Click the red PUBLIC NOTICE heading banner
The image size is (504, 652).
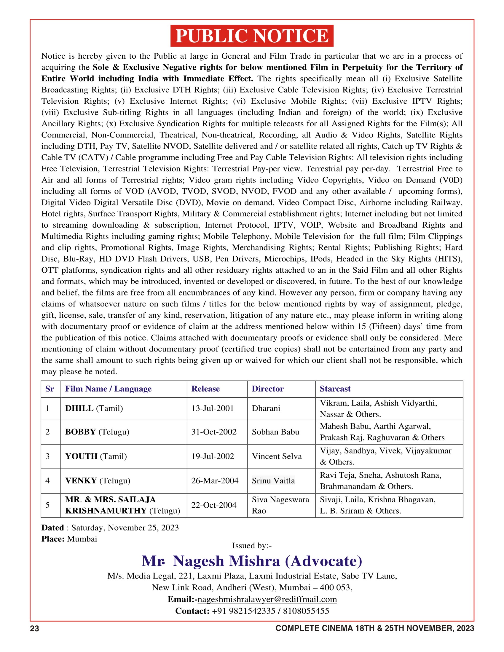click(252, 36)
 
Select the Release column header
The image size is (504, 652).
click(205, 389)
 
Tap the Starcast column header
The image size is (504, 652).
click(335, 389)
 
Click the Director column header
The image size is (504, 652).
click(267, 389)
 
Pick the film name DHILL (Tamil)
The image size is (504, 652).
click(94, 408)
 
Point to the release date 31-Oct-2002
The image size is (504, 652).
click(214, 432)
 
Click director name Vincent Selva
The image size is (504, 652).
click(277, 456)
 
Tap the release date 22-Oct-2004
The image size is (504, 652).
click(214, 505)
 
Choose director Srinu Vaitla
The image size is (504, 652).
click(273, 481)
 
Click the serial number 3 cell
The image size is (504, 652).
click(48, 456)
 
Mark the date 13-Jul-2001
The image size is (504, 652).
click(213, 408)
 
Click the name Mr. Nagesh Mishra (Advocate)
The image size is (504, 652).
click(252, 561)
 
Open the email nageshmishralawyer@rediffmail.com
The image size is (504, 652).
click(267, 600)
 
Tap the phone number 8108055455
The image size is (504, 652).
click(306, 611)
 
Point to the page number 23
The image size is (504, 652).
click(34, 629)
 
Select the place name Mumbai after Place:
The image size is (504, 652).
click(82, 539)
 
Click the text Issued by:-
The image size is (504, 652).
click(252, 546)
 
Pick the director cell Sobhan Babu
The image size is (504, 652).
click(275, 432)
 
